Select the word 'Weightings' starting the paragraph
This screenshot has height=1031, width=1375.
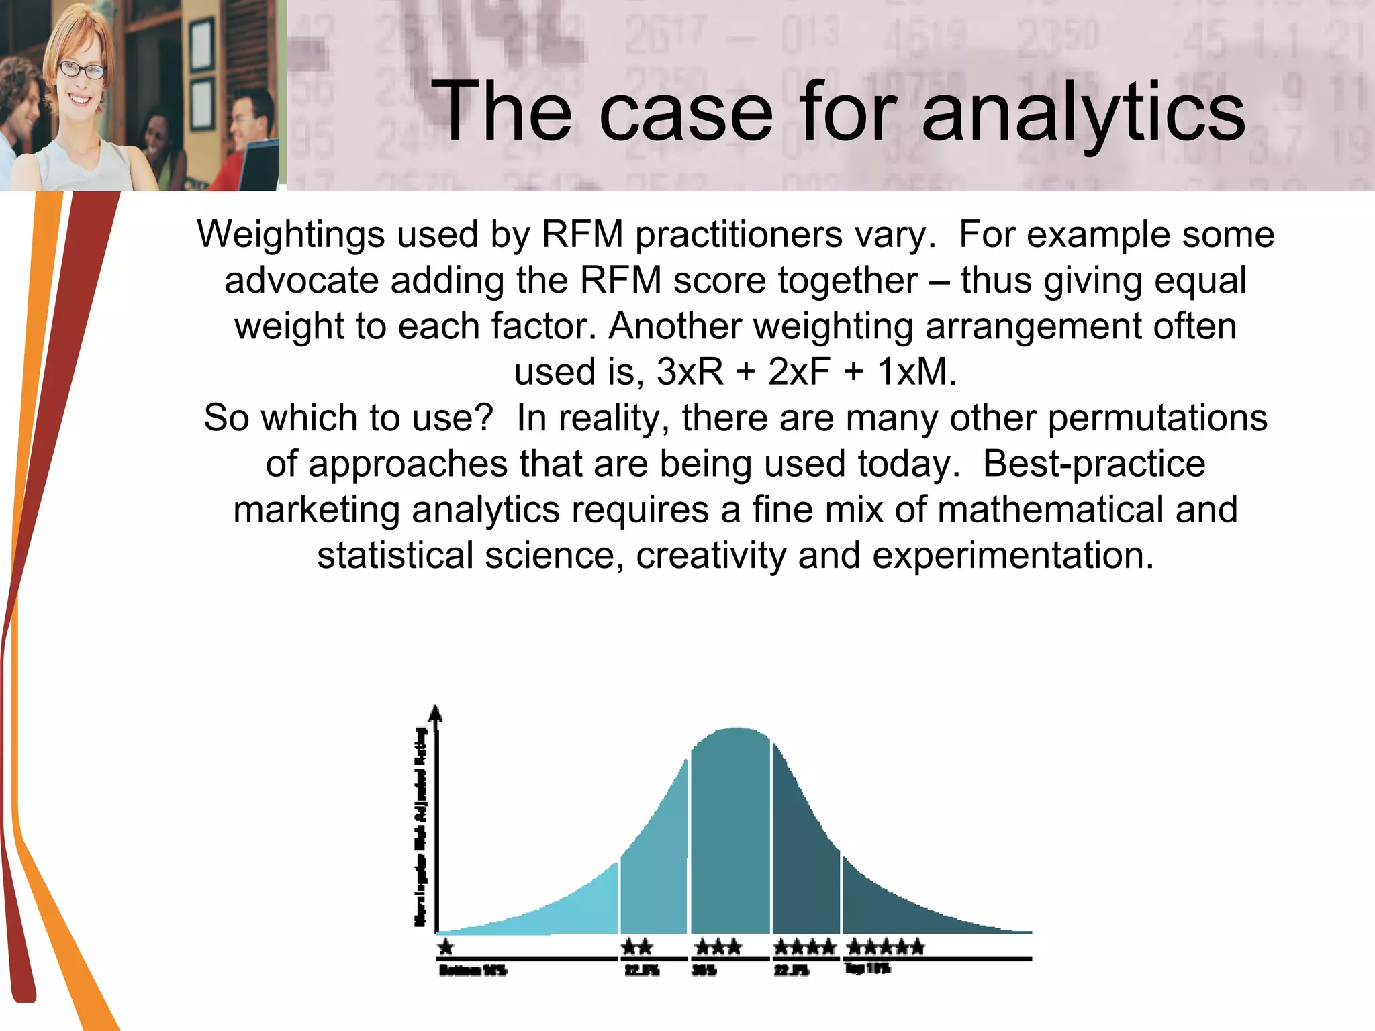pos(291,235)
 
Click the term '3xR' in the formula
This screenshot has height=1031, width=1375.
pos(690,372)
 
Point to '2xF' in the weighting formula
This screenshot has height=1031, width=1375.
pos(799,372)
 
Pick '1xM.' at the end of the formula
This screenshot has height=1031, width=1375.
pos(916,372)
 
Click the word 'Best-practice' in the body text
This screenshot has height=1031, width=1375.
pos(1094,464)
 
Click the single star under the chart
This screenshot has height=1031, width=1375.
pos(446,947)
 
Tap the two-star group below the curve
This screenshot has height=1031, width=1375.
pos(636,947)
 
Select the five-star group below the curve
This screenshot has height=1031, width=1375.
pos(886,947)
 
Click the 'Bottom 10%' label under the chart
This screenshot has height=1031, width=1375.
pos(473,971)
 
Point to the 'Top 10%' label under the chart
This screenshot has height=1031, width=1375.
pos(867,968)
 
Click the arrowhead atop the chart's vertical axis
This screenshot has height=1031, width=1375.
pos(436,713)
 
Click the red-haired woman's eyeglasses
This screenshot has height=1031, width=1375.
pos(81,69)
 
